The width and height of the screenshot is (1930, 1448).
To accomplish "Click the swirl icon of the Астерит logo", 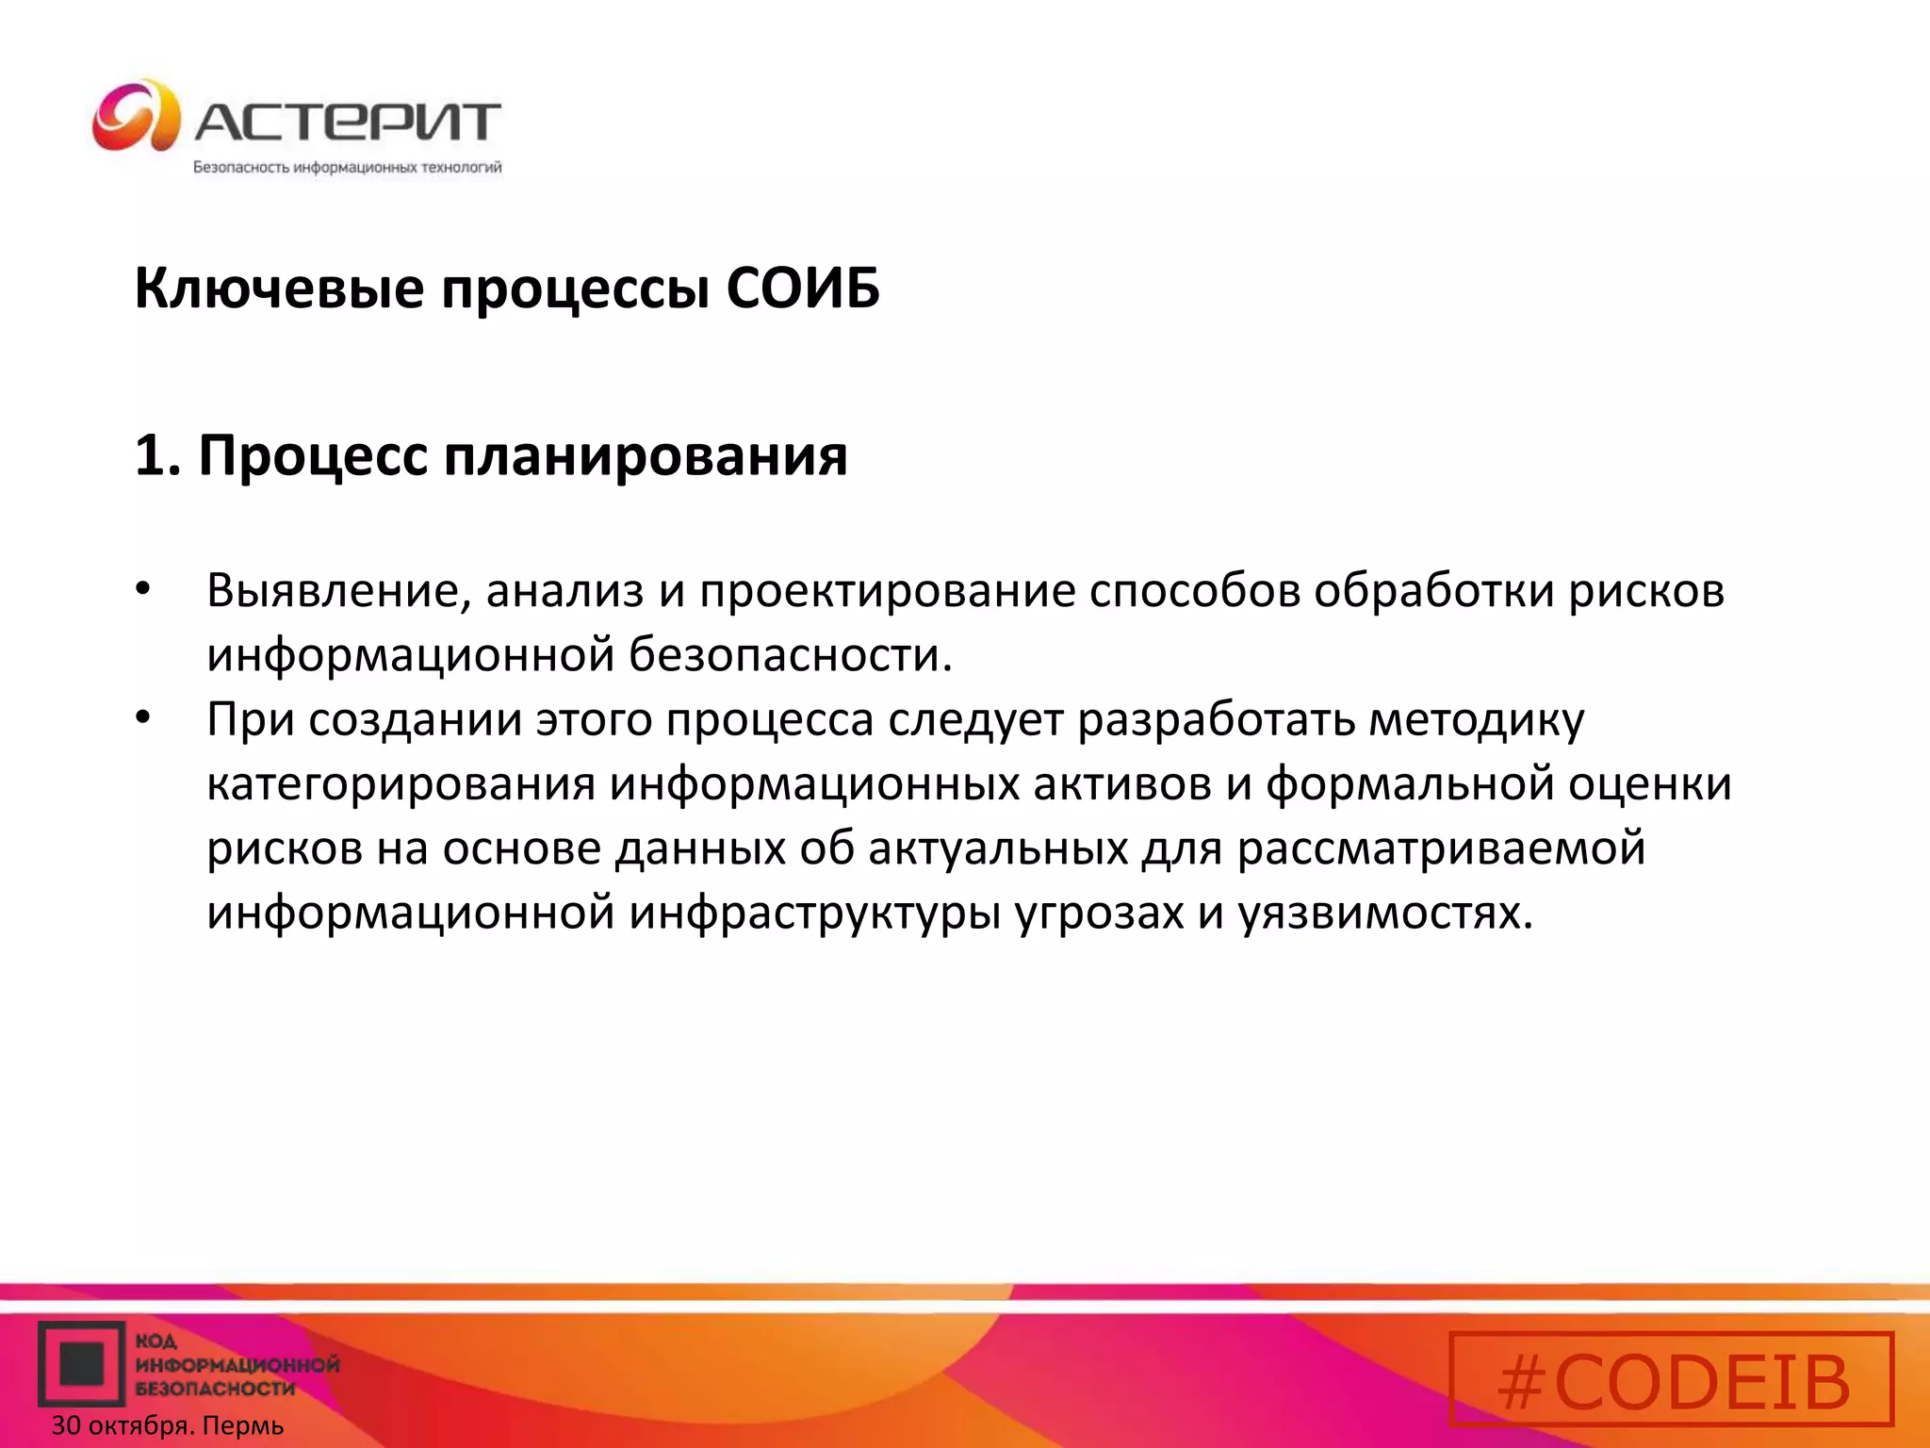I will point(136,116).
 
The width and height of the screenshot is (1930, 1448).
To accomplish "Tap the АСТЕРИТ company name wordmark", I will point(347,123).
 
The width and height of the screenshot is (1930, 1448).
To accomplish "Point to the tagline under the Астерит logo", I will point(347,168).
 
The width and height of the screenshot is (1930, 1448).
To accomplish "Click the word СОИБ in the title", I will point(803,288).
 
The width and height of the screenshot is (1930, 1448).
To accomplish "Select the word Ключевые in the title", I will point(279,288).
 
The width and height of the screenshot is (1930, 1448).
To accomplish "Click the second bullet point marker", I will point(142,719).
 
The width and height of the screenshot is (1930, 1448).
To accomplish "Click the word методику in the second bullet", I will point(1476,721).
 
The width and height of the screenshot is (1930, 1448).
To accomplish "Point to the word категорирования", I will point(401,785).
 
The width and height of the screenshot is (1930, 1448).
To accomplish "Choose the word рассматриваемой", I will point(1441,848).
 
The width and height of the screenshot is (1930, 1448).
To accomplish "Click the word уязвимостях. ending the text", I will point(1385,913).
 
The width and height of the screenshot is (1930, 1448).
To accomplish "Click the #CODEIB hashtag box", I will point(1671,1378).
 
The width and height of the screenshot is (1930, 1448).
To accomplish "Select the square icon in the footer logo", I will point(81,1363).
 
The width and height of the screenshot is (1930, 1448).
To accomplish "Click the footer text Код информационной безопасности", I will point(236,1364).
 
